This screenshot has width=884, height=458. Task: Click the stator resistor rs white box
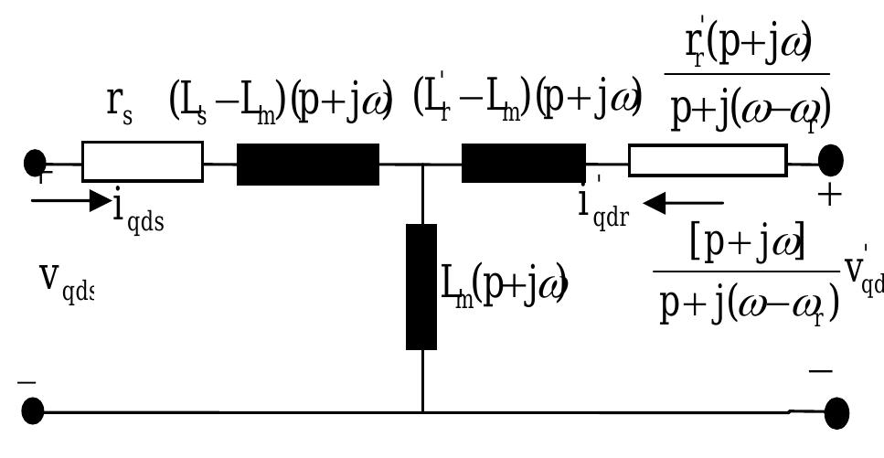pos(143,163)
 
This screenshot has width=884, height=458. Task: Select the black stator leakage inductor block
pos(308,165)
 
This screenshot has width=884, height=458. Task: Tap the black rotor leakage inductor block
pos(523,163)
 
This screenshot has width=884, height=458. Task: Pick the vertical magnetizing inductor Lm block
pos(421,286)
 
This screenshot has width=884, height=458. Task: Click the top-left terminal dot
pos(35,164)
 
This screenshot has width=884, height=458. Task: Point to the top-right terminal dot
pos(830,161)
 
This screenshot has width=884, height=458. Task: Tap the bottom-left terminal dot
pos(32,412)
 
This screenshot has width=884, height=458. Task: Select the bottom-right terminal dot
pos(837,412)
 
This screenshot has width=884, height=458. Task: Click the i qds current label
pos(138,212)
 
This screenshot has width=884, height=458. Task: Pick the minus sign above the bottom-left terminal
pos(27,382)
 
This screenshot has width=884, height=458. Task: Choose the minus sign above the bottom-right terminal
pos(820,370)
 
